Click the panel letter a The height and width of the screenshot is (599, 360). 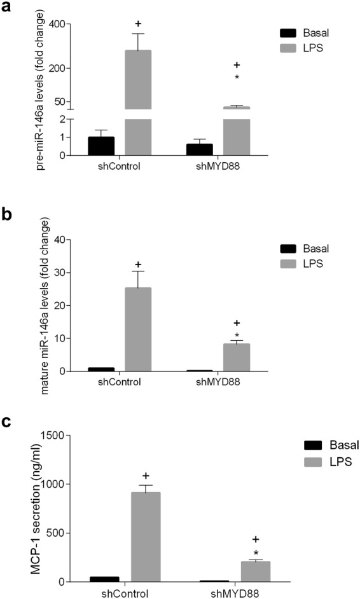coord(8,8)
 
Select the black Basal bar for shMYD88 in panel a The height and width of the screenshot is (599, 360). coord(199,149)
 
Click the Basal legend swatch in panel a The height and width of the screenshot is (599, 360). coord(290,33)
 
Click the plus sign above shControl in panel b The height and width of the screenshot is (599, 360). coord(138,264)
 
